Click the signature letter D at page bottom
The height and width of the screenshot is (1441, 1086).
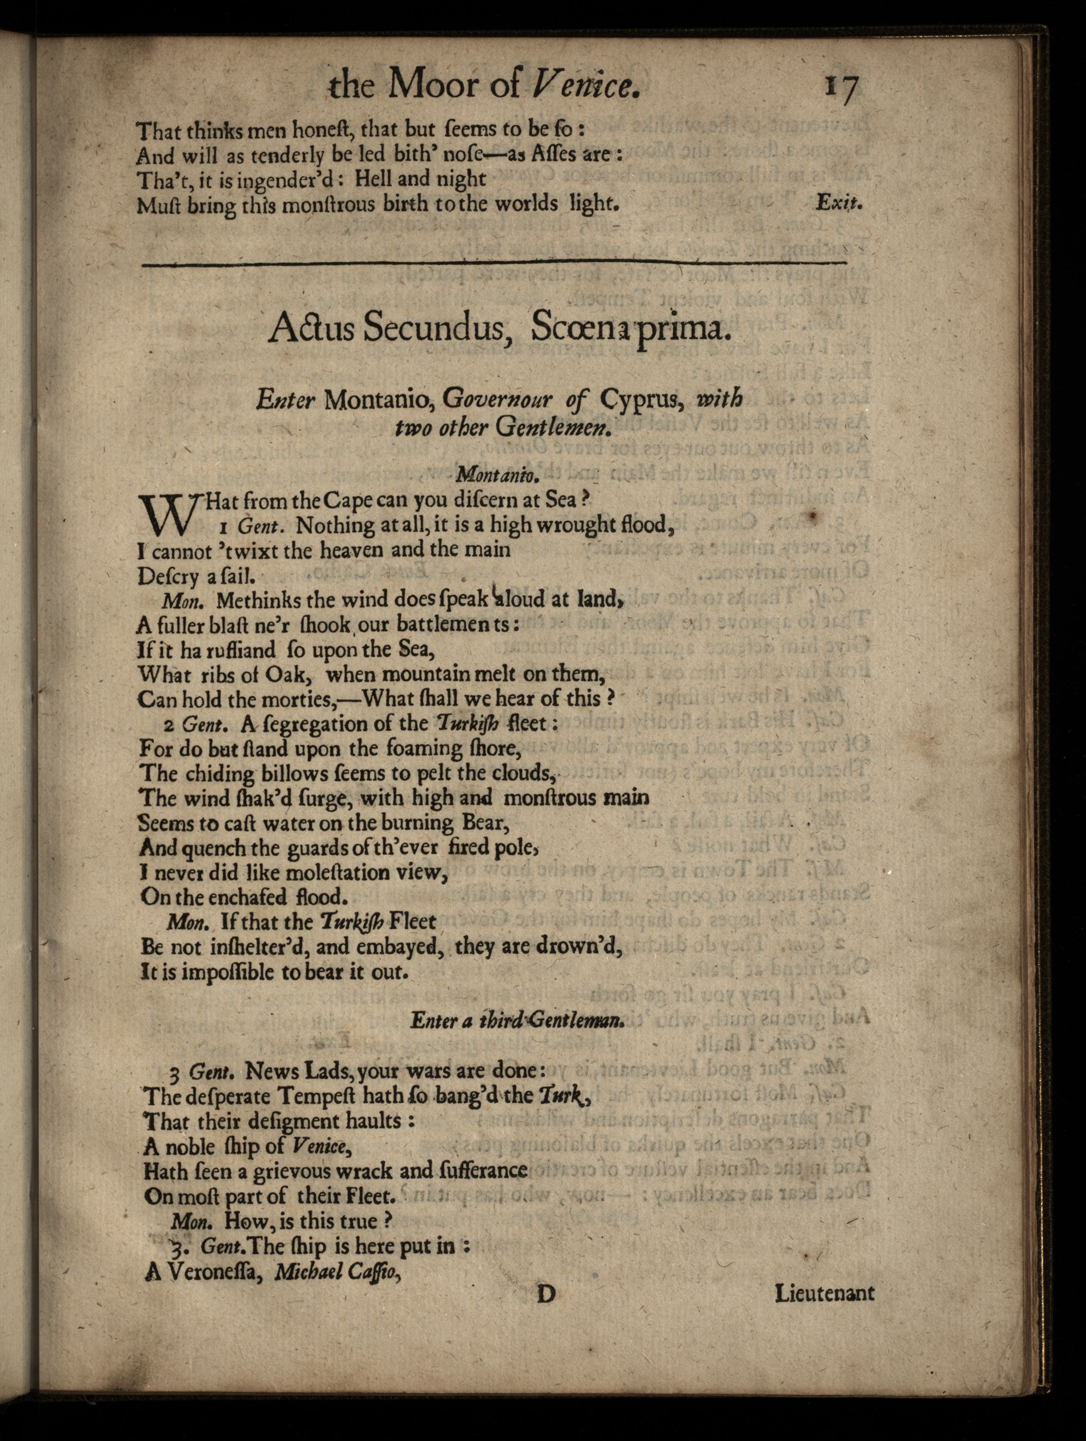point(545,1293)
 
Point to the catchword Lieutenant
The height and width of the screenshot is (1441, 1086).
point(824,1293)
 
